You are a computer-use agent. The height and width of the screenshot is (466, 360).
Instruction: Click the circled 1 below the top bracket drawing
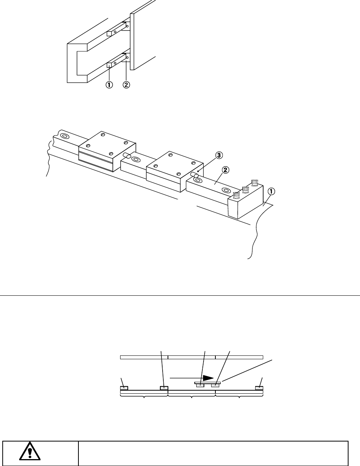tap(109, 85)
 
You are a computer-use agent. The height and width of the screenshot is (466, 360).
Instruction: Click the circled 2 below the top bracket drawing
tap(126, 85)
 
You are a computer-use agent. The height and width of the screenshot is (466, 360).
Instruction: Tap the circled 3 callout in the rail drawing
tap(218, 155)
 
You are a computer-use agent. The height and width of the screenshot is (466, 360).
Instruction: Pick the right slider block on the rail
tap(173, 171)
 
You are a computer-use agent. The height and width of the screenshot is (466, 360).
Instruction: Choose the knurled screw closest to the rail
tap(236, 195)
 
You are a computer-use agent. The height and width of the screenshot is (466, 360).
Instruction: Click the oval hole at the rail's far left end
tap(64, 136)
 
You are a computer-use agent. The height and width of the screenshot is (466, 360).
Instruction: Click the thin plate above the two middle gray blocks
tap(207, 382)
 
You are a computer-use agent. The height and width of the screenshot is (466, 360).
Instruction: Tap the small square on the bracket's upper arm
tap(109, 34)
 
